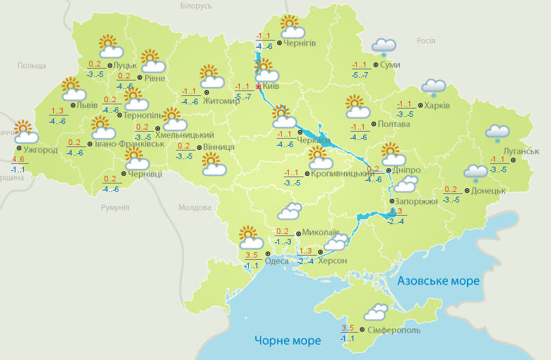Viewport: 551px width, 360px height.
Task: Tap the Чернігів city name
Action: coord(300,43)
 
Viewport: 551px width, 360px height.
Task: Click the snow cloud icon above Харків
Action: coord(433,87)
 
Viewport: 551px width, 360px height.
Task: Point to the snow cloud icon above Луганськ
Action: coord(497,132)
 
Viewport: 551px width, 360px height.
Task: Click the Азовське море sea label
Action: coord(438,281)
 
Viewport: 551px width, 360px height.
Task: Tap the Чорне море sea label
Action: coord(287,340)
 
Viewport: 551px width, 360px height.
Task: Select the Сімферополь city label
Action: coord(393,329)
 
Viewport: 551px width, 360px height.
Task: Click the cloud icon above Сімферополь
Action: coord(376,312)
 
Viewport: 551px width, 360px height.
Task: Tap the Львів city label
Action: coord(87,105)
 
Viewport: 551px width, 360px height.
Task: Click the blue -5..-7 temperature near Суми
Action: coord(361,75)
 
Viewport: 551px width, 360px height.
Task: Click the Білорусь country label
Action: coord(196,6)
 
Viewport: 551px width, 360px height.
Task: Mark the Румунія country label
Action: coord(115,207)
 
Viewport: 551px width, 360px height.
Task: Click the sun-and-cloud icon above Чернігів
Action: coord(292,27)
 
